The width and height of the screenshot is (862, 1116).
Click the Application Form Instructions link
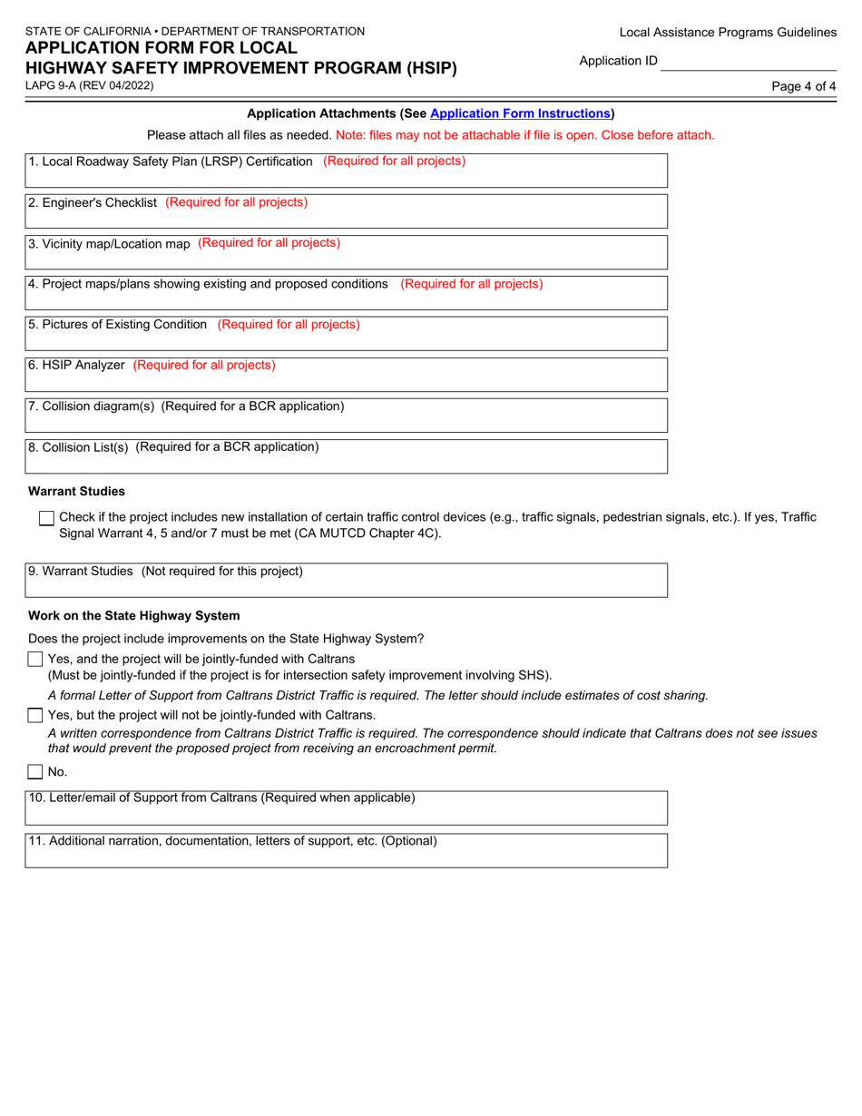click(520, 114)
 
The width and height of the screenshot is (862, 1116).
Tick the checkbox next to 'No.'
click(35, 772)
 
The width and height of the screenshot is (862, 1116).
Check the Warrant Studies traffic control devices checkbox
click(47, 518)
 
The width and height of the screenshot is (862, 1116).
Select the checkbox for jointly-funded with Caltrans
click(35, 659)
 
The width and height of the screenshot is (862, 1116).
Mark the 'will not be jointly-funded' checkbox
click(35, 716)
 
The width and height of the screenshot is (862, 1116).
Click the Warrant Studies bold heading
click(77, 492)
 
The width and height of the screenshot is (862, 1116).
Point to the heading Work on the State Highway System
click(134, 615)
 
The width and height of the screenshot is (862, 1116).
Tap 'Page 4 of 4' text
click(803, 86)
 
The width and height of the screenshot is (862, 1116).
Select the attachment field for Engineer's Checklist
click(346, 210)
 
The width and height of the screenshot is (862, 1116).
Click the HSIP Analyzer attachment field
click(346, 374)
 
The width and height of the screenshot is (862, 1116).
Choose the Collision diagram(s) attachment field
click(346, 415)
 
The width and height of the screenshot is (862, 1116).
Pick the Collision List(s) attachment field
click(346, 455)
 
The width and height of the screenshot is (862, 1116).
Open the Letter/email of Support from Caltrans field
click(346, 807)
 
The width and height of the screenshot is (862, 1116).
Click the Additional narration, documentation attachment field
click(346, 850)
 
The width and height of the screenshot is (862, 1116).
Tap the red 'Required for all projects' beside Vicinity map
click(269, 243)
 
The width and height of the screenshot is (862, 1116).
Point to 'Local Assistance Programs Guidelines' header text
click(728, 33)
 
